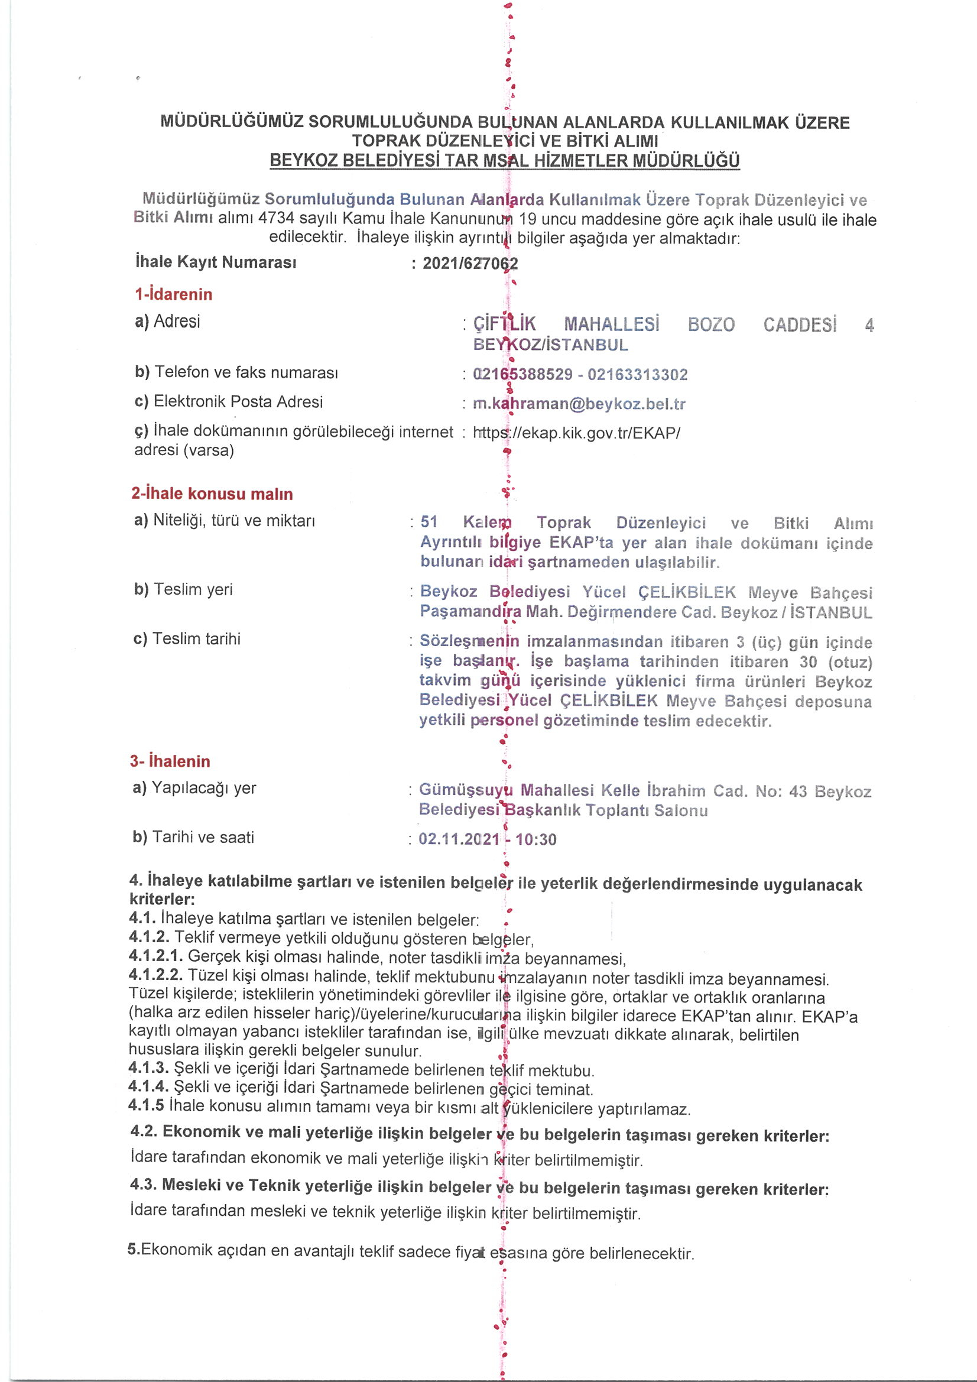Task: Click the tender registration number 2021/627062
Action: tap(469, 263)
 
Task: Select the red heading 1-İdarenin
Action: tap(173, 294)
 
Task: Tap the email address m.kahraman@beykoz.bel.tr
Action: tap(579, 404)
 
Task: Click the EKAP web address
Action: tap(576, 433)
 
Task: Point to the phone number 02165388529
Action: tap(522, 374)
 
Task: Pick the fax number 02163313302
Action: tap(638, 374)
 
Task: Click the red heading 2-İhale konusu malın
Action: tap(212, 494)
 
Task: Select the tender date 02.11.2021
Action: tap(459, 839)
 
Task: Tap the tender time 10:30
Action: tap(535, 839)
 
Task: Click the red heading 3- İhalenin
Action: tap(170, 761)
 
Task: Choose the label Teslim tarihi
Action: tap(196, 638)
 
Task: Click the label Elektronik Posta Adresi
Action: tap(238, 401)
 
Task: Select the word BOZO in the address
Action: tap(711, 325)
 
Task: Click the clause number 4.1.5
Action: tap(145, 1105)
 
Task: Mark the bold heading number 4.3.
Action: tap(143, 1185)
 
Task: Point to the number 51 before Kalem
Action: tap(429, 522)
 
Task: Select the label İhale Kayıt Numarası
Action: tap(216, 262)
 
